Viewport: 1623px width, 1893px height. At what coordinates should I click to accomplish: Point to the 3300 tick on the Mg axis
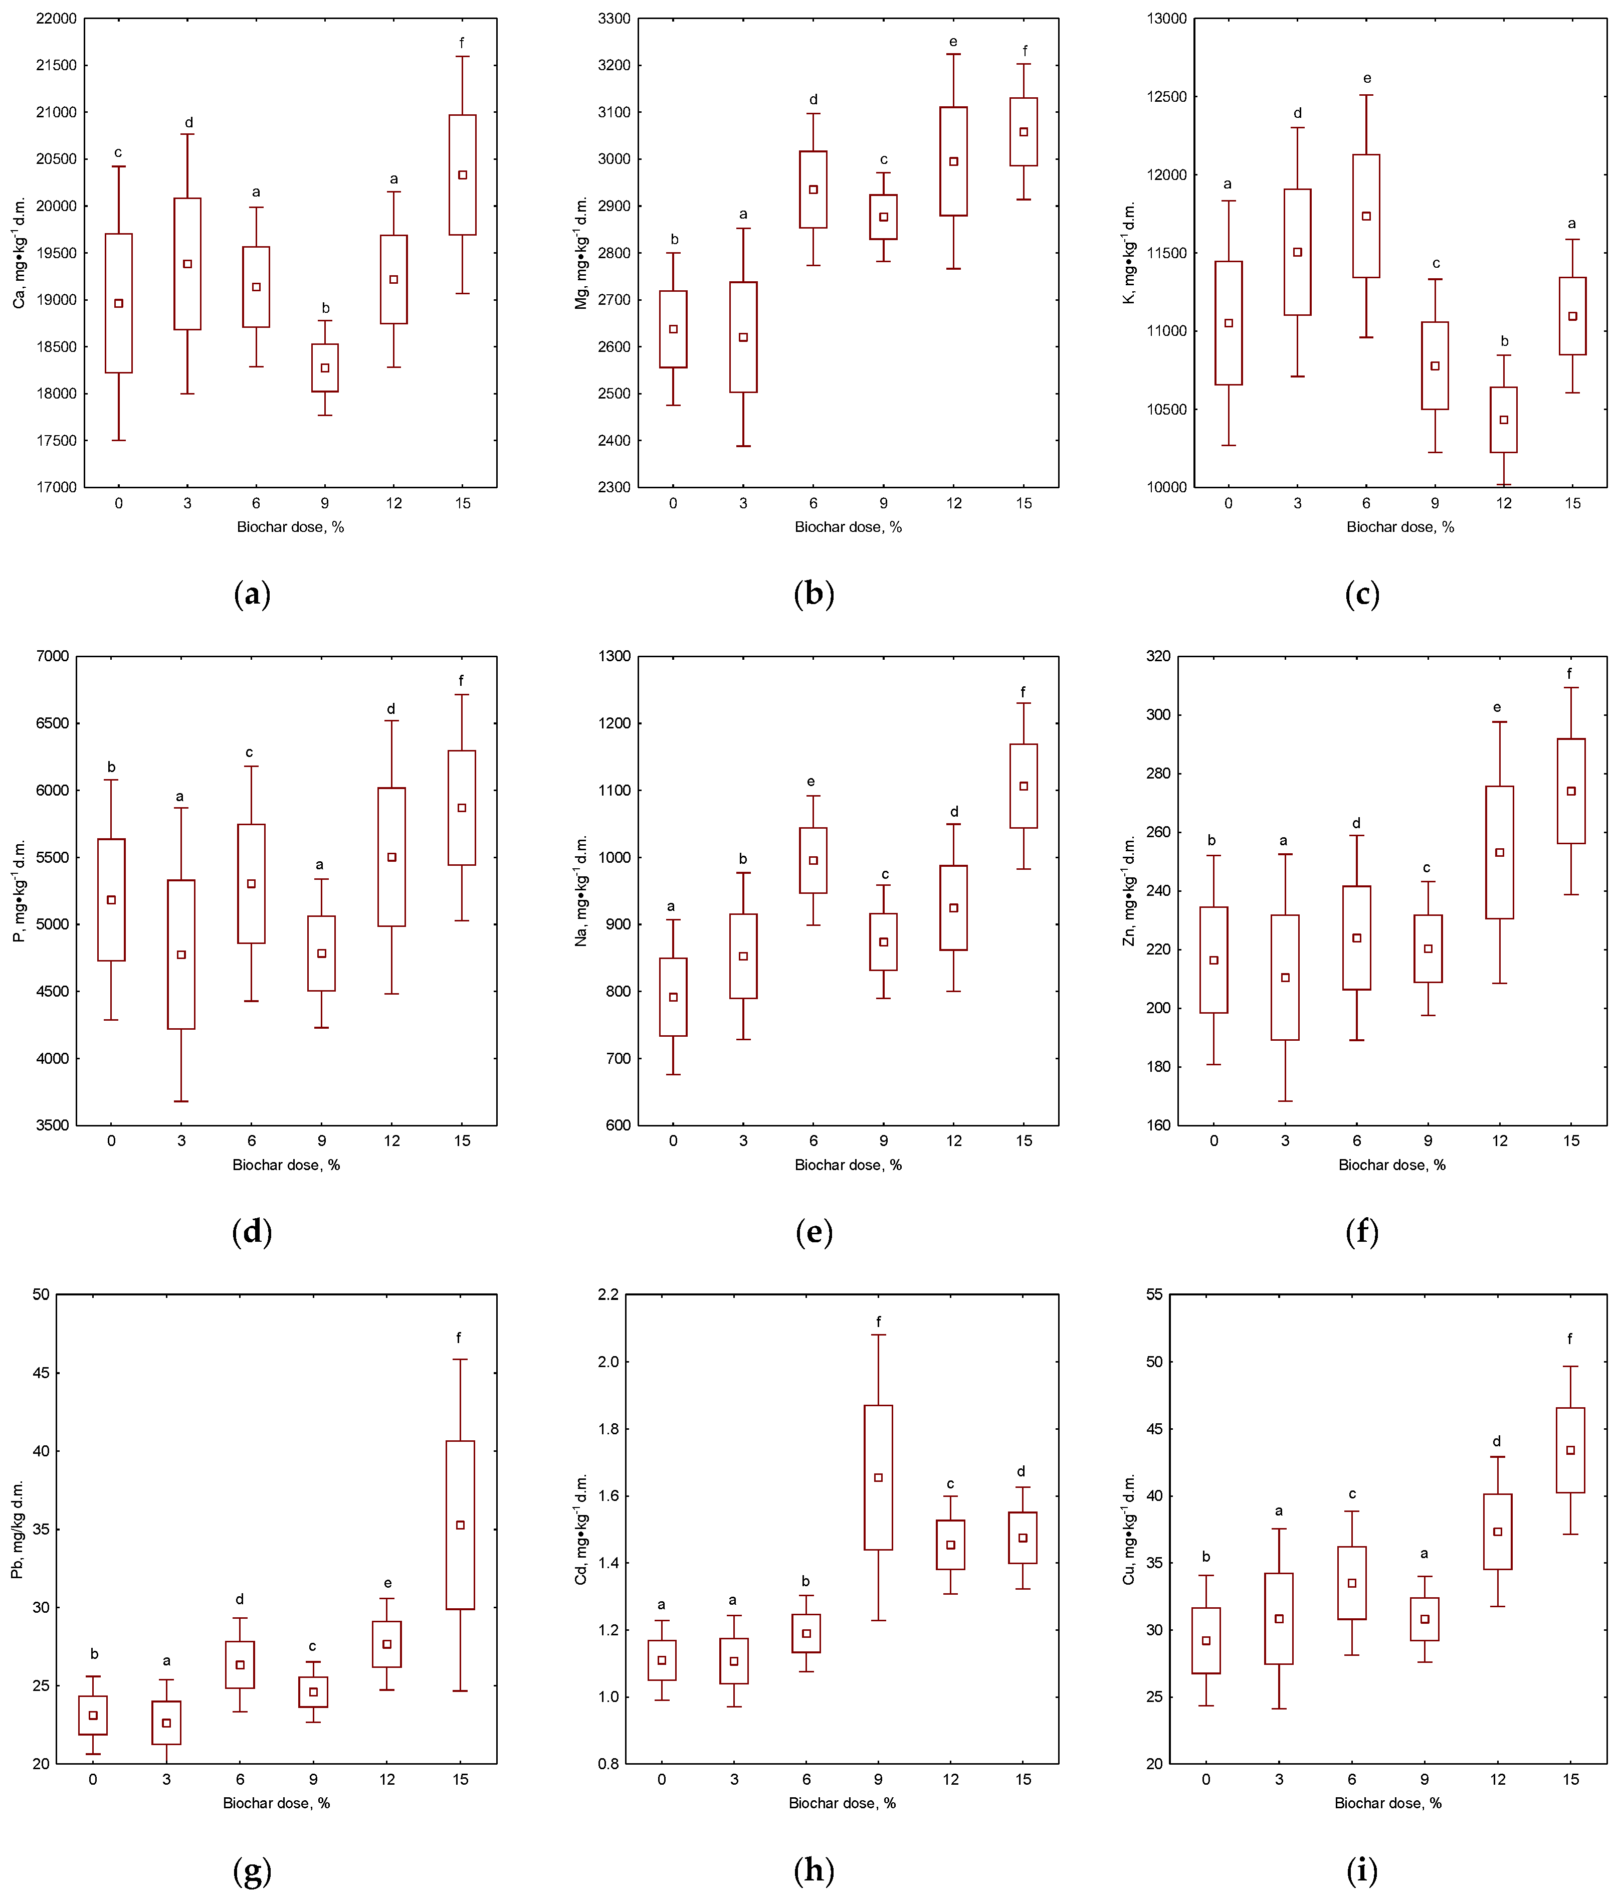click(614, 18)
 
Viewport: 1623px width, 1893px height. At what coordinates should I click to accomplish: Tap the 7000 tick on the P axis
click(52, 656)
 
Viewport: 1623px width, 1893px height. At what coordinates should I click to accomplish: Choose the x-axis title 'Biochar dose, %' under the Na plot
click(848, 1165)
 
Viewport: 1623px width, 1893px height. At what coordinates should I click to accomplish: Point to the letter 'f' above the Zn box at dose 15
click(1569, 673)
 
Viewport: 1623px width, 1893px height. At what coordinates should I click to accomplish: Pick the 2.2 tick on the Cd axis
click(607, 1294)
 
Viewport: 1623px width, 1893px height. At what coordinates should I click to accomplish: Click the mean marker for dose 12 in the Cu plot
click(1497, 1531)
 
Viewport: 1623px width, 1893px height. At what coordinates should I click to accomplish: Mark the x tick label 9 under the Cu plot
click(1424, 1779)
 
